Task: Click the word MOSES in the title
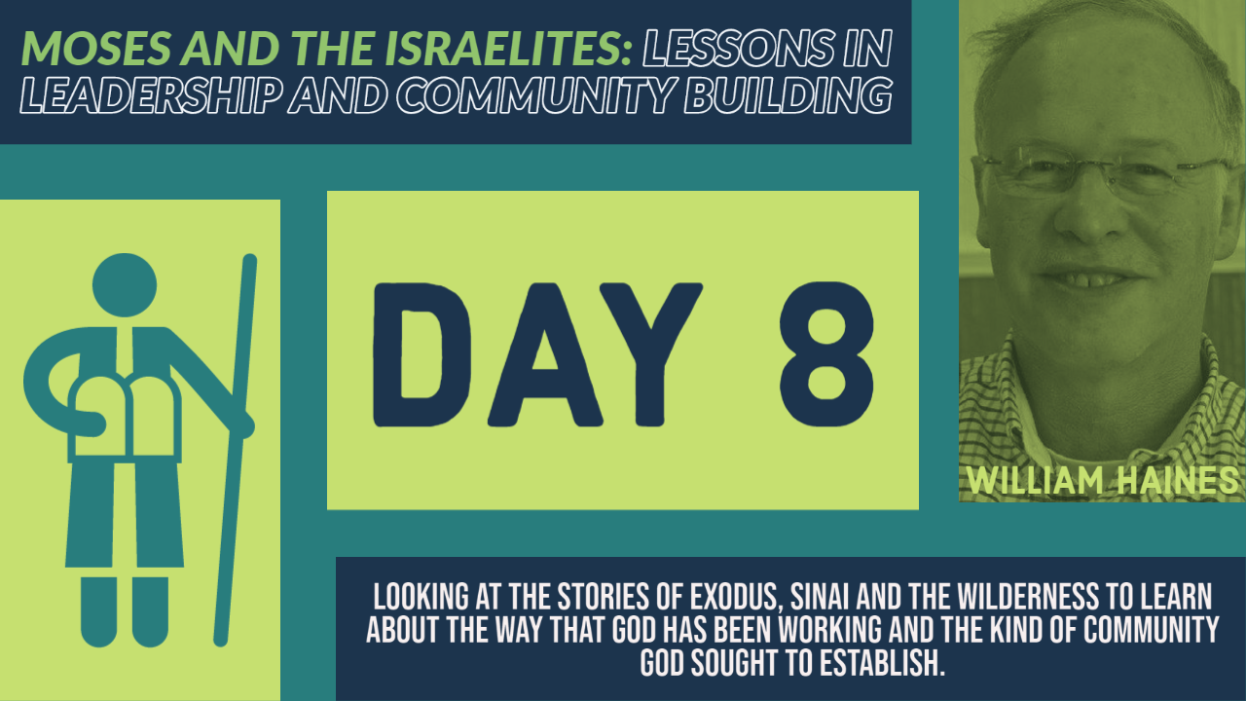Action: pyautogui.click(x=96, y=48)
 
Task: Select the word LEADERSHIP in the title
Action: pyautogui.click(x=149, y=94)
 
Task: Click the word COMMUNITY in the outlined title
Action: pyautogui.click(x=536, y=94)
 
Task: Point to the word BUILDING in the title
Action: pyautogui.click(x=788, y=94)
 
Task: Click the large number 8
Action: pyautogui.click(x=826, y=354)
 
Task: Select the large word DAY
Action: pyautogui.click(x=537, y=354)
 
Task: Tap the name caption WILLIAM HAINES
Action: pyautogui.click(x=1103, y=480)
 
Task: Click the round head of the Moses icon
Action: pyautogui.click(x=125, y=285)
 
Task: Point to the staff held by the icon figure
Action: pyautogui.click(x=236, y=450)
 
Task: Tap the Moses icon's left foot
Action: pyautogui.click(x=99, y=612)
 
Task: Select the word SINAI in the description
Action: pyautogui.click(x=820, y=598)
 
